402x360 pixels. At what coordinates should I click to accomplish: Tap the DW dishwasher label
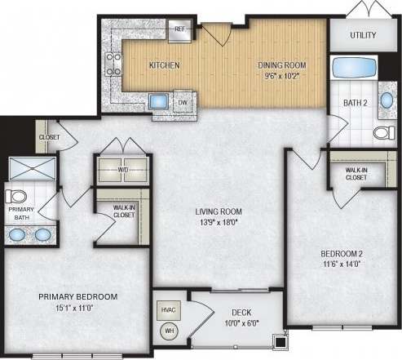click(183, 103)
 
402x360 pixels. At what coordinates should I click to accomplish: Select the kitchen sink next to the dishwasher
click(158, 102)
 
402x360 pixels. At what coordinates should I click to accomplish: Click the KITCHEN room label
click(164, 64)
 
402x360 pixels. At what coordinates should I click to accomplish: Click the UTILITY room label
click(363, 36)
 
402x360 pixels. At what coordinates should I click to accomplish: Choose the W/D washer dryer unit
click(121, 170)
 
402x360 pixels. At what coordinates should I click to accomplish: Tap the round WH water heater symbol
click(170, 331)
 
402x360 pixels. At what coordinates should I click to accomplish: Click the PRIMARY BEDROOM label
click(78, 296)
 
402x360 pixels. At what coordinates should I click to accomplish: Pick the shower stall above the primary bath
click(32, 169)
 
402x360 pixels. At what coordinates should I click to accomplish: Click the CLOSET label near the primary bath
click(49, 137)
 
